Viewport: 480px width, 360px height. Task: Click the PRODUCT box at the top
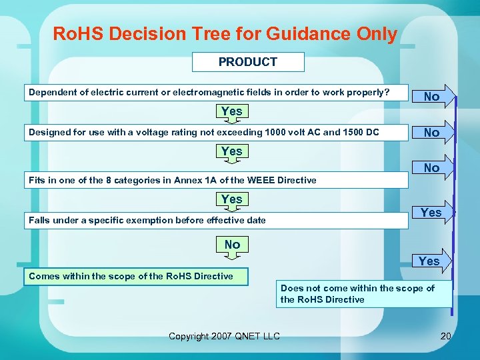coord(248,62)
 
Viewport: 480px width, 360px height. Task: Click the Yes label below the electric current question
coord(231,111)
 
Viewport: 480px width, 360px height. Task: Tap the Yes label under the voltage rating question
coord(231,151)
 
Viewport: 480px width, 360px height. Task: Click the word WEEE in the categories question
coord(264,180)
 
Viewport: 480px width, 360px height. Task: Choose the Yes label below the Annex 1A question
coord(231,199)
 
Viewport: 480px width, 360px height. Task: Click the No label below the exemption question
coord(232,245)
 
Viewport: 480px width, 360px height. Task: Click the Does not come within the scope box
coord(363,294)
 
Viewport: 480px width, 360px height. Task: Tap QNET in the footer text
coord(248,336)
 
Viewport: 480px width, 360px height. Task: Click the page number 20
coord(446,336)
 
